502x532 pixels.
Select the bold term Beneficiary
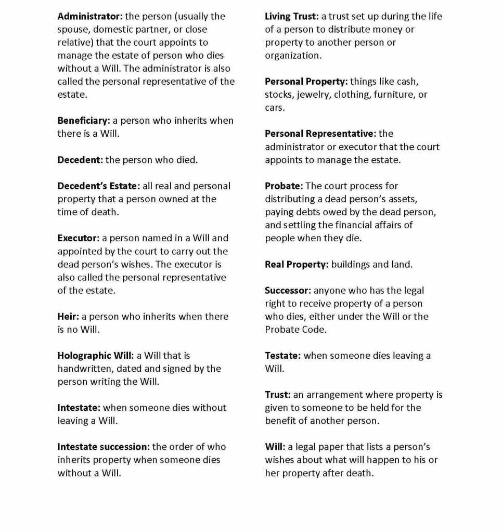(83, 121)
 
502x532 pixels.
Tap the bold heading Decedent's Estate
(98, 186)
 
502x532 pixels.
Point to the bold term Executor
(78, 238)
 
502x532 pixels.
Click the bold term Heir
(68, 316)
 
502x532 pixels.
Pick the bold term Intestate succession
(104, 447)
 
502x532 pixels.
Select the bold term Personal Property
(306, 82)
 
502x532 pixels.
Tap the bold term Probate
(284, 186)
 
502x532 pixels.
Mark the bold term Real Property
(297, 264)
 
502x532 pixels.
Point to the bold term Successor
(288, 290)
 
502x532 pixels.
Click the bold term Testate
(282, 356)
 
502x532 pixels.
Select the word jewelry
(314, 95)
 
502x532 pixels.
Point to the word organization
(293, 56)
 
